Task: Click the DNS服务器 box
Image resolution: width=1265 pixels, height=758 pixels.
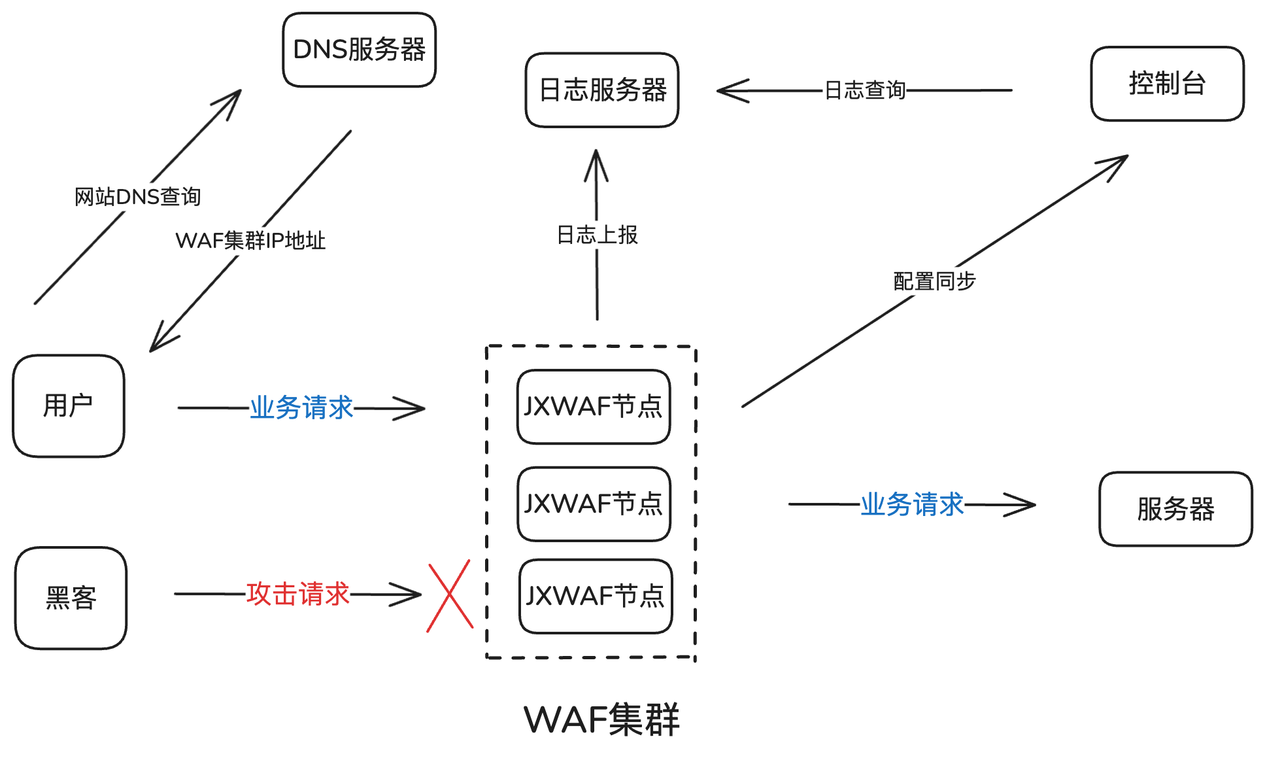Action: (359, 50)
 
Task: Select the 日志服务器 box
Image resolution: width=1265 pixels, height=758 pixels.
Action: (602, 90)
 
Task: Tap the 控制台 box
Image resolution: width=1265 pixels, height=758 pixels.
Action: (1167, 84)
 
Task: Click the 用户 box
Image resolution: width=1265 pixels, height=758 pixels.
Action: (69, 405)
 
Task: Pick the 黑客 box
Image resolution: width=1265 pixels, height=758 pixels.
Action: (71, 598)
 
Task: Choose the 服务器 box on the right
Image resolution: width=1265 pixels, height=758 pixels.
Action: (1175, 509)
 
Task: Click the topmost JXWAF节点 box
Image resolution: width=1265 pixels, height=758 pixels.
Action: (594, 407)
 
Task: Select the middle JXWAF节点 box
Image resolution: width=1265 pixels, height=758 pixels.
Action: (594, 504)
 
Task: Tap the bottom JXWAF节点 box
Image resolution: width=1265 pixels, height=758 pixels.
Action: (596, 596)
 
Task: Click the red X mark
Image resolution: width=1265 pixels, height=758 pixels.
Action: (450, 595)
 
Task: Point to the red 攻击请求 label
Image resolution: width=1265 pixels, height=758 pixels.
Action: (298, 594)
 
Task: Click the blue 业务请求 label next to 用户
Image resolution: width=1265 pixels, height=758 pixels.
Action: (301, 407)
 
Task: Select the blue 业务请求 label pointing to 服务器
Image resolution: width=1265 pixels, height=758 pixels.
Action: (912, 504)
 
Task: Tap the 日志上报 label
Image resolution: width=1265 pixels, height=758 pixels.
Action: (597, 235)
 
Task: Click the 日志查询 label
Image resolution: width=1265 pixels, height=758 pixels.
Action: (865, 90)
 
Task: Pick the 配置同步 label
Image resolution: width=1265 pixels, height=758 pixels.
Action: (934, 281)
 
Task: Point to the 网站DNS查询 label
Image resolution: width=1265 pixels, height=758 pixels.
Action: (137, 196)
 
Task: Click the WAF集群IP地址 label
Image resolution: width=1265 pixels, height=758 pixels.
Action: (250, 240)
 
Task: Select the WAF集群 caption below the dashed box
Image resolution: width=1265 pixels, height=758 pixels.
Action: (601, 719)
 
